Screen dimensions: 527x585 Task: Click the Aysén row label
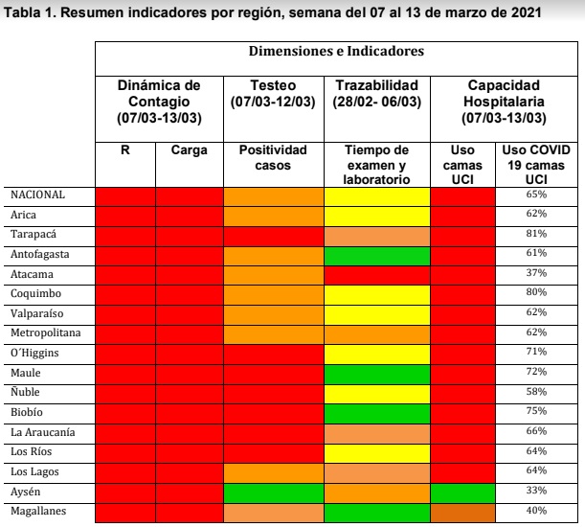point(26,491)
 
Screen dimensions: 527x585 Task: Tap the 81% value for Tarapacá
point(536,234)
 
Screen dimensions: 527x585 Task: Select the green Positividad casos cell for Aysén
point(273,492)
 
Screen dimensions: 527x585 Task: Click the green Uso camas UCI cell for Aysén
point(463,492)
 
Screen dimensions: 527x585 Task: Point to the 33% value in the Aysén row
point(536,492)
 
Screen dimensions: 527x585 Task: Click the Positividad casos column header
point(273,157)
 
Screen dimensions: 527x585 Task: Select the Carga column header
point(189,150)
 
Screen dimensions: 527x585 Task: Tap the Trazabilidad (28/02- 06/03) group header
point(376,94)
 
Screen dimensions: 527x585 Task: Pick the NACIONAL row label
point(37,195)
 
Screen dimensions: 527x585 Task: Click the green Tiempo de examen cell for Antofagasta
point(376,255)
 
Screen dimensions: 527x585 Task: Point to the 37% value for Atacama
point(536,272)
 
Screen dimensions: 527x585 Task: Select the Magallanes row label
point(37,511)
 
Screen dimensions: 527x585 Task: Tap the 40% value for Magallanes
point(536,511)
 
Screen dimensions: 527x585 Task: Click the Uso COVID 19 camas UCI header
point(536,165)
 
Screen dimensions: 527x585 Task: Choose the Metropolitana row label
point(45,332)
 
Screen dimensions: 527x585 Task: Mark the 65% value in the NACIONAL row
point(536,195)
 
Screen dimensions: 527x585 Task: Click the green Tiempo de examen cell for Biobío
point(376,412)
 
